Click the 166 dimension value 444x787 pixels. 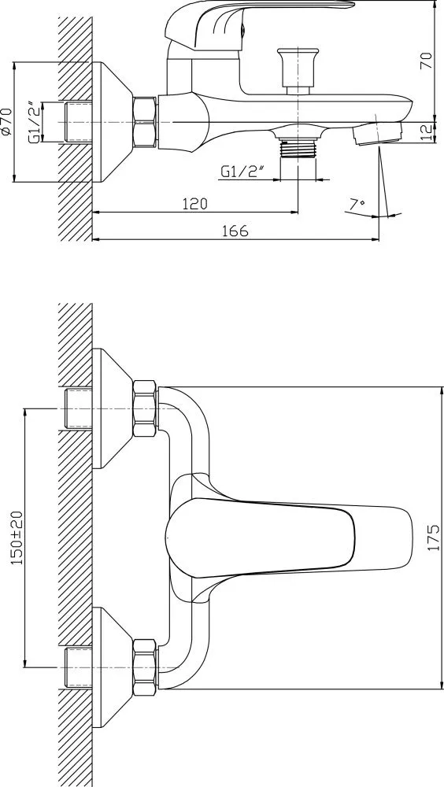click(x=235, y=231)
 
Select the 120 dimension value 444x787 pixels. click(x=194, y=204)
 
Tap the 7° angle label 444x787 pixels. click(x=357, y=205)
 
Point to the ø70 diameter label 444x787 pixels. click(x=6, y=121)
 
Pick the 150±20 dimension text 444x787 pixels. click(x=17, y=538)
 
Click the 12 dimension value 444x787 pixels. click(x=426, y=132)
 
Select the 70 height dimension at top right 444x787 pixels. click(x=426, y=61)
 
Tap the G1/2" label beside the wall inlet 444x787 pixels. click(x=34, y=123)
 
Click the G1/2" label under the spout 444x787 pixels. click(x=242, y=172)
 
